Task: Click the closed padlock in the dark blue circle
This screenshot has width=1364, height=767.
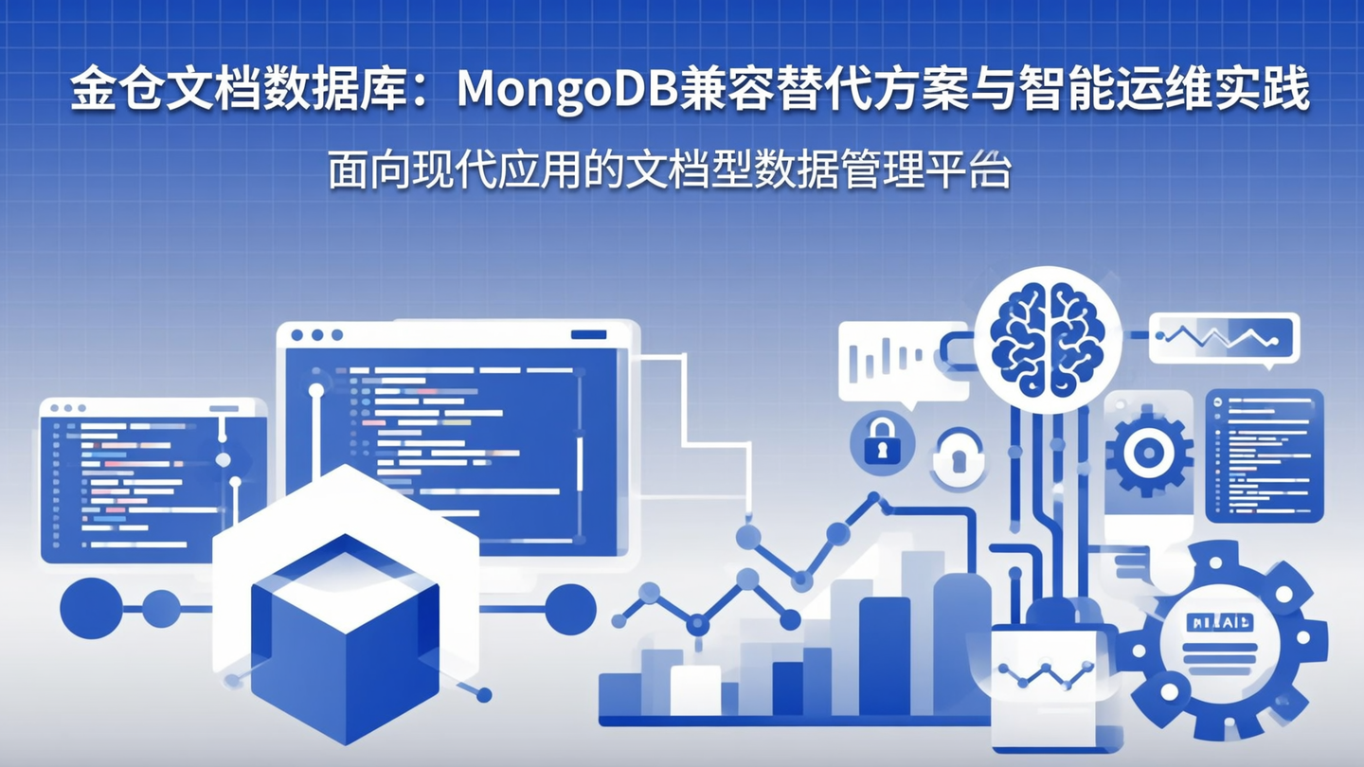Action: coord(882,440)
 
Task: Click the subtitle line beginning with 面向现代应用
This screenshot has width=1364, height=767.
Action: coord(670,171)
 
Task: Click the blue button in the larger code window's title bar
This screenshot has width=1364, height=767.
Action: coord(589,334)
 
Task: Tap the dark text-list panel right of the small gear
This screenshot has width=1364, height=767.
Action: coord(1264,455)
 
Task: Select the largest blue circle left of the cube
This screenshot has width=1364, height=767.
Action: coord(91,607)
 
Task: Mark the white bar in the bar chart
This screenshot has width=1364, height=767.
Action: coord(695,689)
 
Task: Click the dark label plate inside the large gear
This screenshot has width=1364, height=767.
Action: coord(1220,621)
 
